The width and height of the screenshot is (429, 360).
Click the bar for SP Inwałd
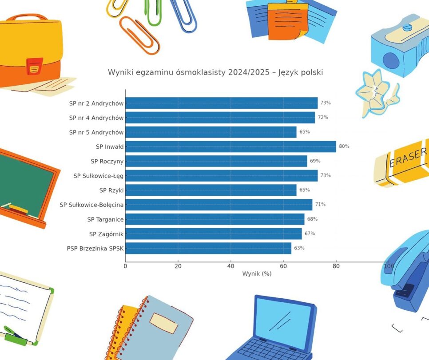(x=230, y=146)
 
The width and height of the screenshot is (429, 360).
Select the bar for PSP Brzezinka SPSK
(x=208, y=248)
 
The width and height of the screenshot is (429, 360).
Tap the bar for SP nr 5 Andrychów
(x=211, y=132)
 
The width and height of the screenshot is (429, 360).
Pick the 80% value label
(x=344, y=146)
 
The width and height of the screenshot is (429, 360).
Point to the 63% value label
(x=299, y=248)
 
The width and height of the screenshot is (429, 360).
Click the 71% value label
(x=320, y=205)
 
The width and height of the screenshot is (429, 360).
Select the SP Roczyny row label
(x=107, y=161)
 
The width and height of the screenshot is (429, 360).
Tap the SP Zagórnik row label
(x=106, y=234)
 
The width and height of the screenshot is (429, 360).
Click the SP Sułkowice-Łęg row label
(x=99, y=176)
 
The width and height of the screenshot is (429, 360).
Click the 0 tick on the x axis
(x=125, y=266)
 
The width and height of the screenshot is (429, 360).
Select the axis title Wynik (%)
(x=257, y=274)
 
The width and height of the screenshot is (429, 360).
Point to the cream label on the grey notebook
(x=163, y=323)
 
